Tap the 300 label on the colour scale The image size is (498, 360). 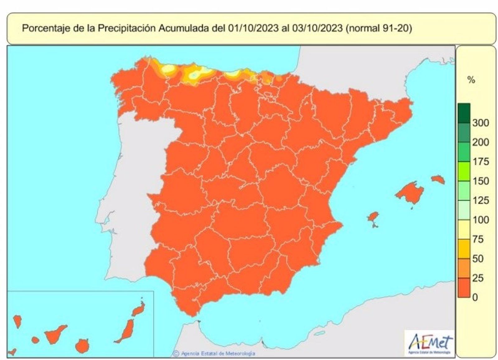[480, 123]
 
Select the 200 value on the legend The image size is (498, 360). [480, 142]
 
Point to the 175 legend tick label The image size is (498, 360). [480, 161]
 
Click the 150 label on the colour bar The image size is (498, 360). [480, 181]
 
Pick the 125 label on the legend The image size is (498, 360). [480, 200]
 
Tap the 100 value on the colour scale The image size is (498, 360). [480, 220]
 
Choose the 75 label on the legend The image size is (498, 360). [478, 239]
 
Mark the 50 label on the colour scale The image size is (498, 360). [478, 258]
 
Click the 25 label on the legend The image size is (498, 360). [478, 278]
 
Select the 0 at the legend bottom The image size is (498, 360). [475, 297]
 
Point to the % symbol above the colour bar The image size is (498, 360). [471, 80]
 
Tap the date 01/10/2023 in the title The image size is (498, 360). [253, 28]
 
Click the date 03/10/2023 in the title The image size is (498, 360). [317, 28]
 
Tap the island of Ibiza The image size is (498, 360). [373, 217]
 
